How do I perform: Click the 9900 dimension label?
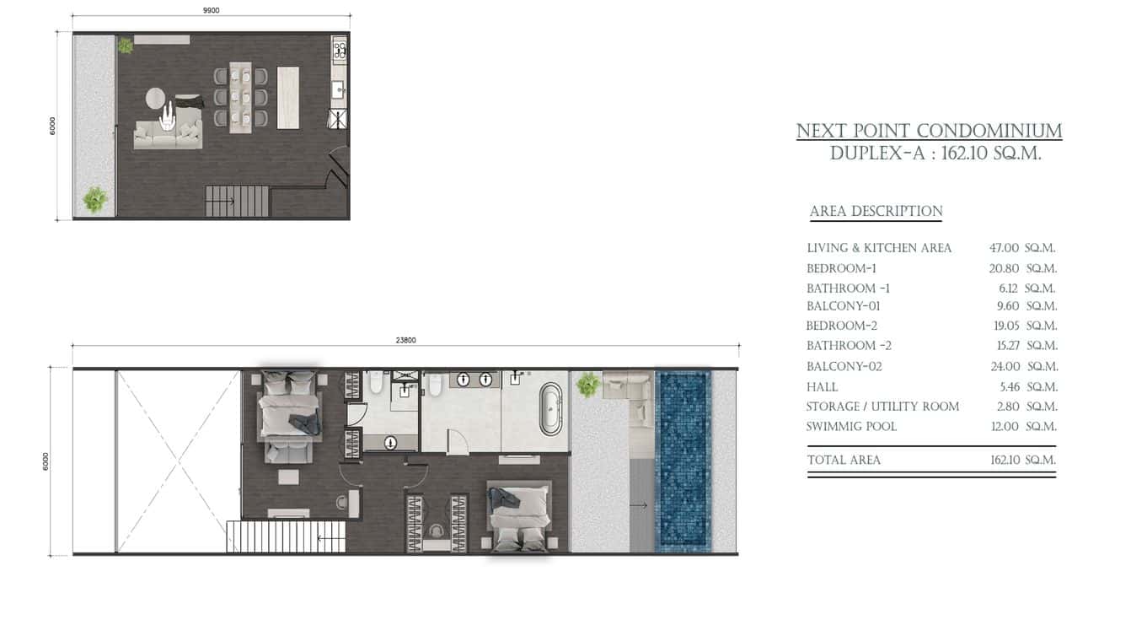click(x=211, y=10)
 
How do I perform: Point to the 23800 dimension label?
click(x=406, y=340)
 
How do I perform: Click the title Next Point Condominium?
click(x=929, y=131)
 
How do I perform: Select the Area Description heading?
click(x=876, y=211)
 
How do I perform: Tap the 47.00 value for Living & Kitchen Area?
click(x=1004, y=248)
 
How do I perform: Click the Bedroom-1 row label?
click(x=841, y=268)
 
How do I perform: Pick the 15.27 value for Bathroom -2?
click(x=1008, y=346)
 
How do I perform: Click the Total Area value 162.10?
click(x=1005, y=461)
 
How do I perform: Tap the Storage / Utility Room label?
click(x=882, y=407)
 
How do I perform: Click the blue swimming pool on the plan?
click(x=683, y=461)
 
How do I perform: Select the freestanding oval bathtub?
click(x=551, y=409)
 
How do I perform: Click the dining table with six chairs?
click(x=240, y=97)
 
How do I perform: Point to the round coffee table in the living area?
click(x=156, y=98)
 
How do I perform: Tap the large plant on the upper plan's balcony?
click(x=95, y=200)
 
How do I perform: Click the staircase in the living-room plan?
click(x=238, y=202)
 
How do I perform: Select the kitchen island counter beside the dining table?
click(x=287, y=98)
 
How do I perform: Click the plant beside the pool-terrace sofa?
click(x=588, y=385)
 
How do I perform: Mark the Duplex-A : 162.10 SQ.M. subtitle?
click(x=935, y=153)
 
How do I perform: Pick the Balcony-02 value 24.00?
click(x=1005, y=366)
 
